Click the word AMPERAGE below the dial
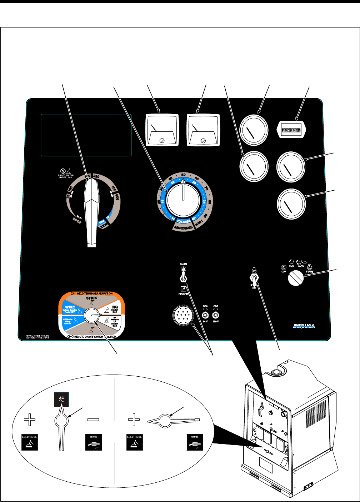tap(183, 227)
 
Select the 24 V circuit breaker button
tap(205, 315)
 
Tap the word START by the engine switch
tap(309, 272)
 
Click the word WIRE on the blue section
tap(68, 307)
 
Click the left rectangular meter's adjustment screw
tap(163, 140)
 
